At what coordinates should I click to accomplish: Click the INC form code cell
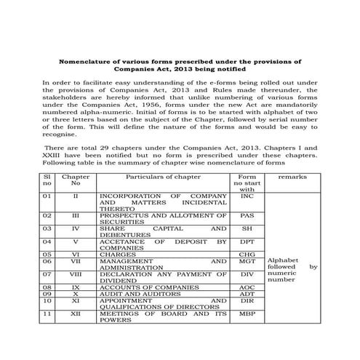247,196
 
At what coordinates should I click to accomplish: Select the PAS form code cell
247,216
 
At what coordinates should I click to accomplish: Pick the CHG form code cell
247,254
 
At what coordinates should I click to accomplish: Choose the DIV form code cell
247,274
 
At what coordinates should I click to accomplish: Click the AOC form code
247,288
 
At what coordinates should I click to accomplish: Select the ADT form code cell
247,295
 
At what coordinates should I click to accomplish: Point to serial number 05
47,254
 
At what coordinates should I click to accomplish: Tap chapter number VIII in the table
76,274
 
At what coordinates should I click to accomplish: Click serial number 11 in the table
47,315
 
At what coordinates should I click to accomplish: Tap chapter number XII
76,315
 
